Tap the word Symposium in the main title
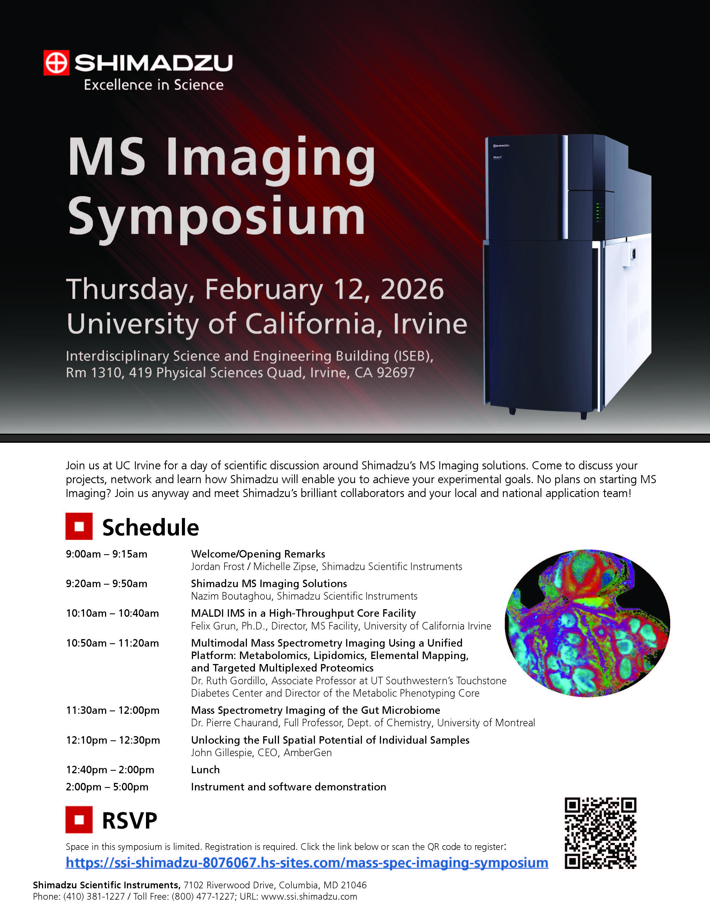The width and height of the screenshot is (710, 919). [216, 217]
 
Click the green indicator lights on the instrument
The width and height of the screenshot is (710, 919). [598, 212]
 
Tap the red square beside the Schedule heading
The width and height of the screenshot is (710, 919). [79, 526]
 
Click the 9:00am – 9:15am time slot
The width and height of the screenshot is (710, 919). [106, 554]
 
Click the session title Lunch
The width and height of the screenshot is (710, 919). [205, 770]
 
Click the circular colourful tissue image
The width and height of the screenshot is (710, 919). [587, 623]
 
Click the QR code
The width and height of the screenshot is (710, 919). [600, 833]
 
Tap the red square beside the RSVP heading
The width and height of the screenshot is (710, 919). [79, 820]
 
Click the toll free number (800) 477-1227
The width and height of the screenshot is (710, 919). [203, 897]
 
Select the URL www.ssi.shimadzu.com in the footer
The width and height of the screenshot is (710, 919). [309, 897]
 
